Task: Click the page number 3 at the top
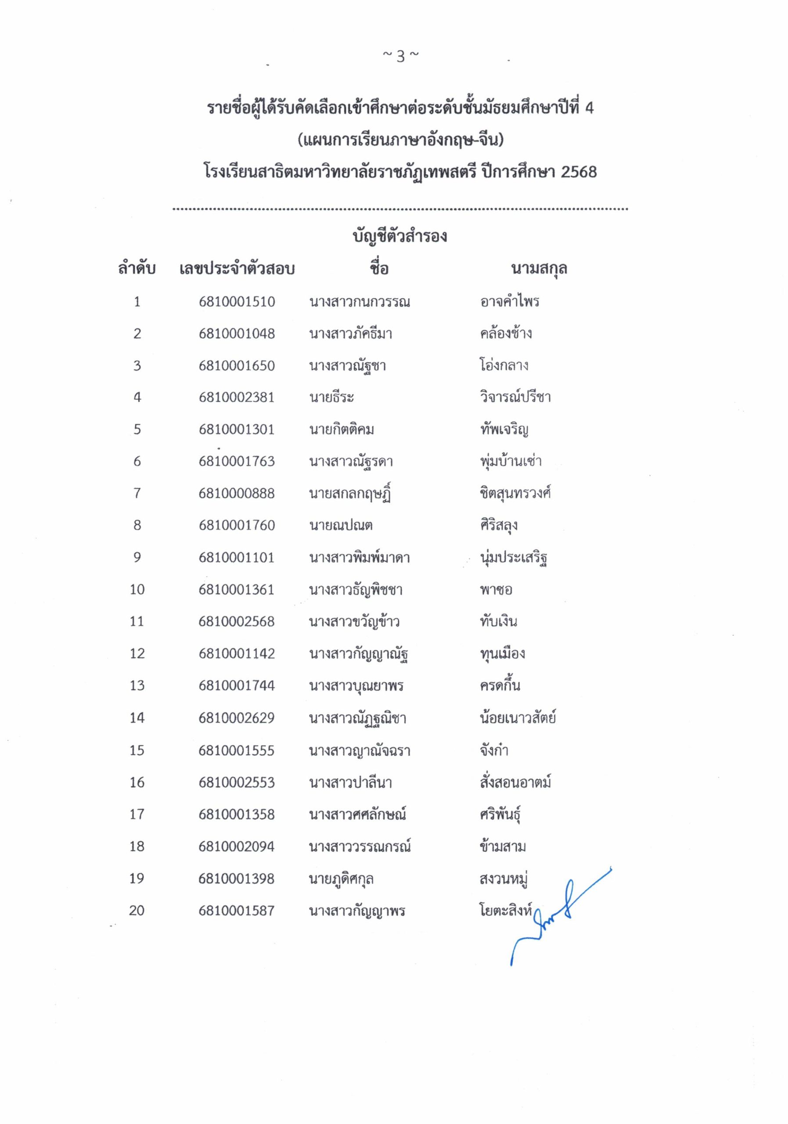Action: [x=400, y=57]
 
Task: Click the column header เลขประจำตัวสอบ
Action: [x=237, y=269]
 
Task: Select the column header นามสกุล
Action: [x=538, y=269]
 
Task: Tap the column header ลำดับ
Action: [x=137, y=269]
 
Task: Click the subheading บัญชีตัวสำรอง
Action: [x=400, y=237]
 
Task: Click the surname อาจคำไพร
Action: [x=509, y=302]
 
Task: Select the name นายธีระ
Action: [x=331, y=397]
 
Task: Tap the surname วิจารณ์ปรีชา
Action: [x=515, y=397]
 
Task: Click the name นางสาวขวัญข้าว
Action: [x=354, y=622]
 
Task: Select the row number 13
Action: [x=137, y=685]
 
